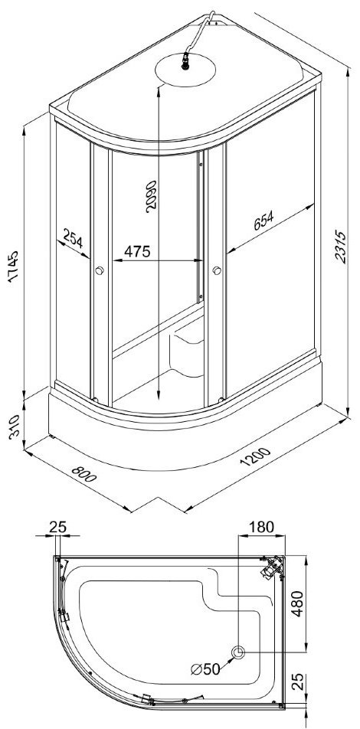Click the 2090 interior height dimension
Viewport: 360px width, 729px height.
152,196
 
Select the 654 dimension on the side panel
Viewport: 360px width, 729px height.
263,221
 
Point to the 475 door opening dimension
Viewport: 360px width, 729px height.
137,251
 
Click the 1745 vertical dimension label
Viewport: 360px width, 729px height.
13,266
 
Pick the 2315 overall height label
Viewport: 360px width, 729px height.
341,247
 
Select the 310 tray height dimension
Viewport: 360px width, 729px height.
14,427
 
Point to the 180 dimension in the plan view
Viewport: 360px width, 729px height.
261,527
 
